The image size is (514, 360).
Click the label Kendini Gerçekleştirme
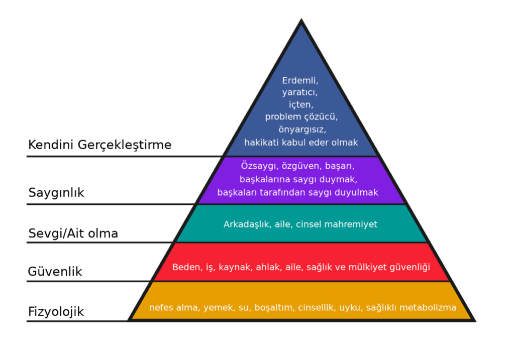click(x=99, y=145)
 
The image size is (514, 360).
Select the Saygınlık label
click(x=56, y=193)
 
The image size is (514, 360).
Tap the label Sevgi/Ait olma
click(x=73, y=233)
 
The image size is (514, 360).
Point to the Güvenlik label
click(x=55, y=272)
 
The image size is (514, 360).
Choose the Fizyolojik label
click(x=56, y=312)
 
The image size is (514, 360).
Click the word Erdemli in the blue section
click(x=300, y=80)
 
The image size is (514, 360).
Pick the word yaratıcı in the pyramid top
click(x=300, y=92)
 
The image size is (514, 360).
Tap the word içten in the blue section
click(x=301, y=105)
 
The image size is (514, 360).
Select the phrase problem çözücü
click(x=301, y=117)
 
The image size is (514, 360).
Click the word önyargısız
click(x=301, y=130)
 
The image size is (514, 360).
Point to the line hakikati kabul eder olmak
click(x=301, y=142)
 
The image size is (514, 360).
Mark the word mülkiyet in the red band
click(x=366, y=267)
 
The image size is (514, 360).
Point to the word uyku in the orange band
click(x=350, y=307)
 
